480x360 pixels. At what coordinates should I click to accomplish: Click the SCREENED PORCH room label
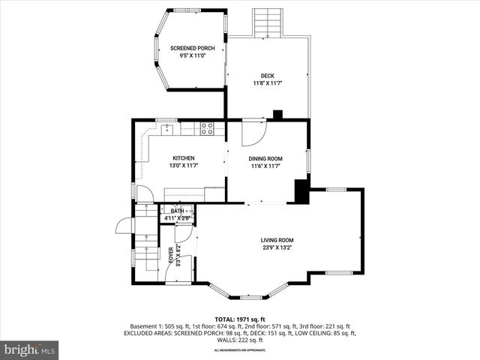193,48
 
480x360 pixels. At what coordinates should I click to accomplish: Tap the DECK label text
267,76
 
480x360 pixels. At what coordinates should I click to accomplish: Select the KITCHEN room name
184,158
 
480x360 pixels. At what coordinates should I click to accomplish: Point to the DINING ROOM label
265,158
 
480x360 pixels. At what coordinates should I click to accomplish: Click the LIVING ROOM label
277,240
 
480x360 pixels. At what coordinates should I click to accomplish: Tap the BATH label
177,211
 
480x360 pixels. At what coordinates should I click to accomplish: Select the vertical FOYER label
171,256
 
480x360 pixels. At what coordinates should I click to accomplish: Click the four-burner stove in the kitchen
207,128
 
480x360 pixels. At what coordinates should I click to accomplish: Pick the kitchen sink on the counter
167,130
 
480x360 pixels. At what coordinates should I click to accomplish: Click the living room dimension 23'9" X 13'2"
277,247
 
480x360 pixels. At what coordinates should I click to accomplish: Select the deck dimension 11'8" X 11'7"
267,83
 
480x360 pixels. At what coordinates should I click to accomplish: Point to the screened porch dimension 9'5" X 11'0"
193,55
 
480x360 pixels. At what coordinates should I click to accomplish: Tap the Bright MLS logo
30,349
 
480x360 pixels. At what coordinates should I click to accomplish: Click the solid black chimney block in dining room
302,191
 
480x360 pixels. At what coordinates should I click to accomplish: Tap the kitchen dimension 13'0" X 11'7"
184,166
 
